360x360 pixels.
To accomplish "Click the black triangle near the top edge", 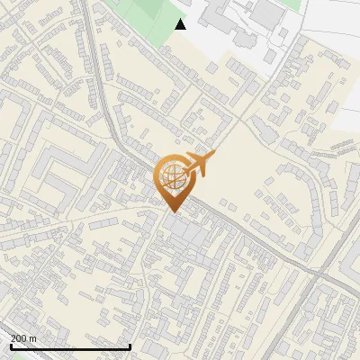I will click(181, 24).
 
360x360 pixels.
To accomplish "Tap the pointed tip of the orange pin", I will click(173, 212).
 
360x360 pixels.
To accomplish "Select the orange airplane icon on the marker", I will click(199, 164).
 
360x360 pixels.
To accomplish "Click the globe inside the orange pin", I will click(173, 178).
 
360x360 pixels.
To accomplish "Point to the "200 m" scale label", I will click(23, 337).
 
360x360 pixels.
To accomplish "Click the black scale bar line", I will click(70, 346).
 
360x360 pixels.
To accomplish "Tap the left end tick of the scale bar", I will click(11, 345).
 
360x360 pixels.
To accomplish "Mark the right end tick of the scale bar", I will click(130, 345).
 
